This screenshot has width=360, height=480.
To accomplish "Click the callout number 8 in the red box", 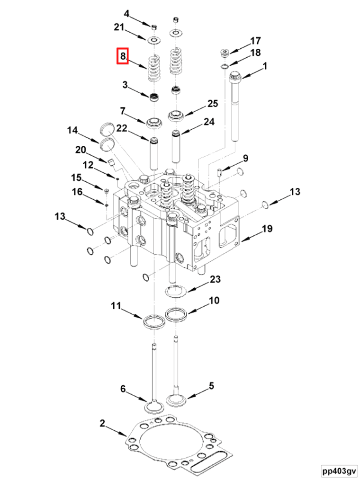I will click(123, 57).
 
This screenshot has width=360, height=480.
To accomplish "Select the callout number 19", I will click(267, 229).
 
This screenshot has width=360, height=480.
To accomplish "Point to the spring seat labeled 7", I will click(155, 123).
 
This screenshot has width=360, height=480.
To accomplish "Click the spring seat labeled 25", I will click(177, 115).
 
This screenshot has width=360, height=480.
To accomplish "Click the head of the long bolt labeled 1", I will click(236, 75).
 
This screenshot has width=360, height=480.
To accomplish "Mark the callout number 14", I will click(72, 130).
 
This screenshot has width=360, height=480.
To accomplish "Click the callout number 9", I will click(245, 158).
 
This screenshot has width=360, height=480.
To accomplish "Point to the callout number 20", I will click(80, 150).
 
